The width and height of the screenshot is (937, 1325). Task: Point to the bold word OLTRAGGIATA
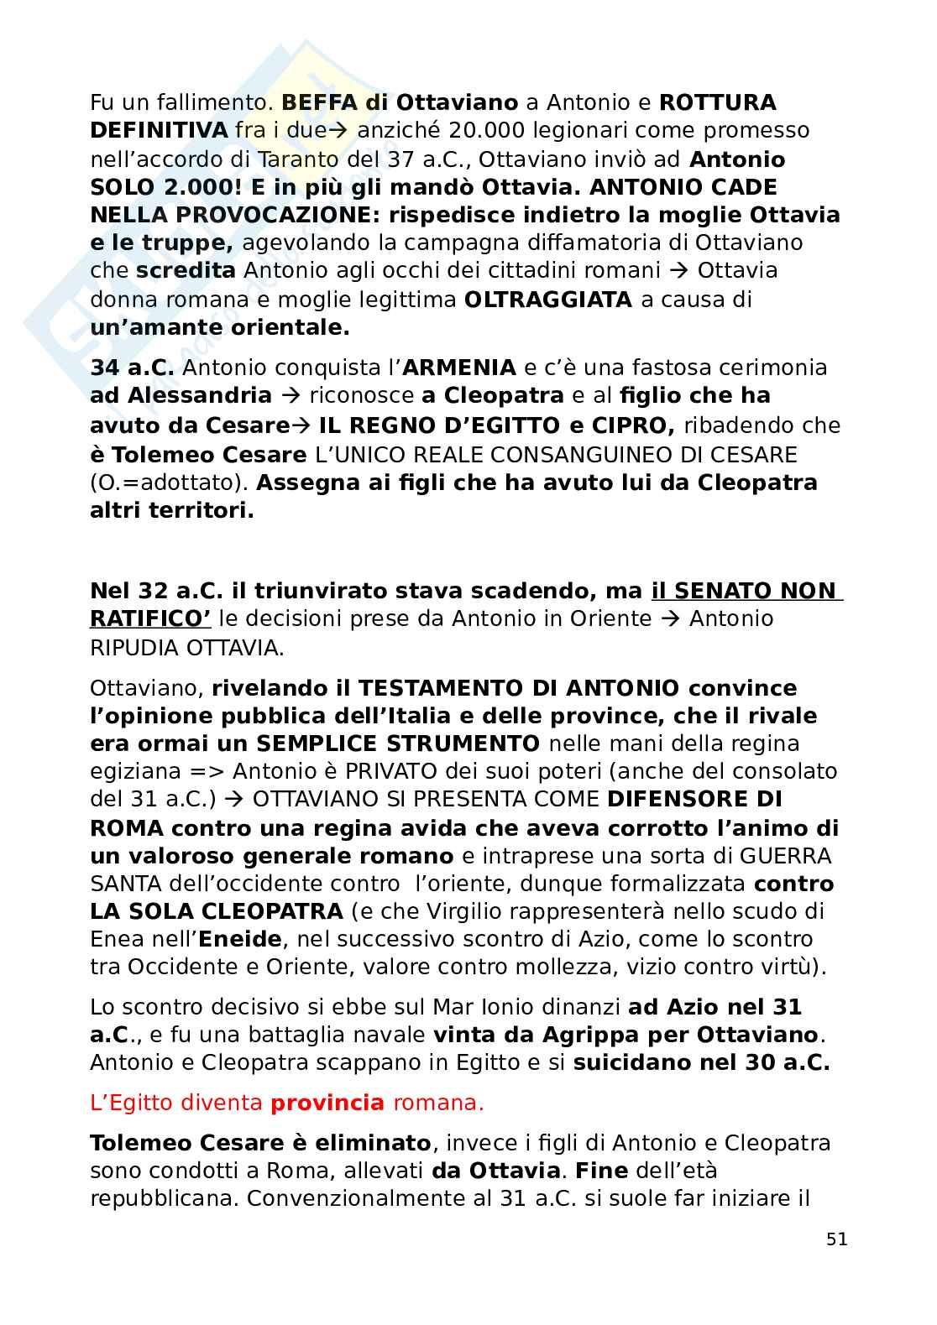pyautogui.click(x=547, y=300)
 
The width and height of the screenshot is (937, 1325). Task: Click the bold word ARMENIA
pyautogui.click(x=459, y=368)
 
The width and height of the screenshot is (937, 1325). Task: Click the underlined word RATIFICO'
pyautogui.click(x=149, y=619)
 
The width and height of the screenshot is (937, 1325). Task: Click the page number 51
pyautogui.click(x=836, y=1239)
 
